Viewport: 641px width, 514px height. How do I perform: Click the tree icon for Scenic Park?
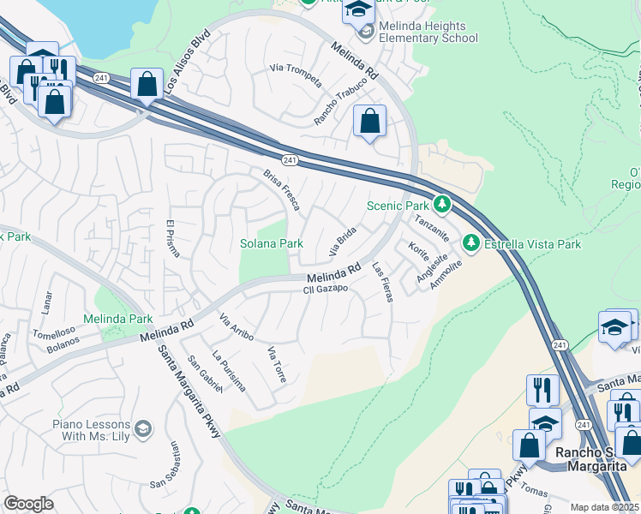click(x=441, y=205)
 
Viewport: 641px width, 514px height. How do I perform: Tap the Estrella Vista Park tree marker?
click(x=470, y=244)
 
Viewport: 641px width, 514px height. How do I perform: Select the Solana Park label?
click(x=271, y=243)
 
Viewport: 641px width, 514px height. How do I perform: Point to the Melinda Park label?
click(x=117, y=319)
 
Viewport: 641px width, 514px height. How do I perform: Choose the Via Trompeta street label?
click(x=296, y=75)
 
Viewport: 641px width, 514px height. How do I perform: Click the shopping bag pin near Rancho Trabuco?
click(x=370, y=121)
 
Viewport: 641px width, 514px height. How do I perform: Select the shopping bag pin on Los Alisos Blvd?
click(x=147, y=84)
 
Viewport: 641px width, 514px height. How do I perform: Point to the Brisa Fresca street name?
click(x=281, y=189)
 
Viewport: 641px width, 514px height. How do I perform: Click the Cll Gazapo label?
click(x=325, y=290)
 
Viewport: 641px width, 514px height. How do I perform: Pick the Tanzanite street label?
click(x=432, y=229)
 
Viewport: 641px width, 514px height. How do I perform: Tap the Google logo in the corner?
click(x=28, y=503)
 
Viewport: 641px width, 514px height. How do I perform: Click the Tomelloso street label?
click(x=55, y=332)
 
